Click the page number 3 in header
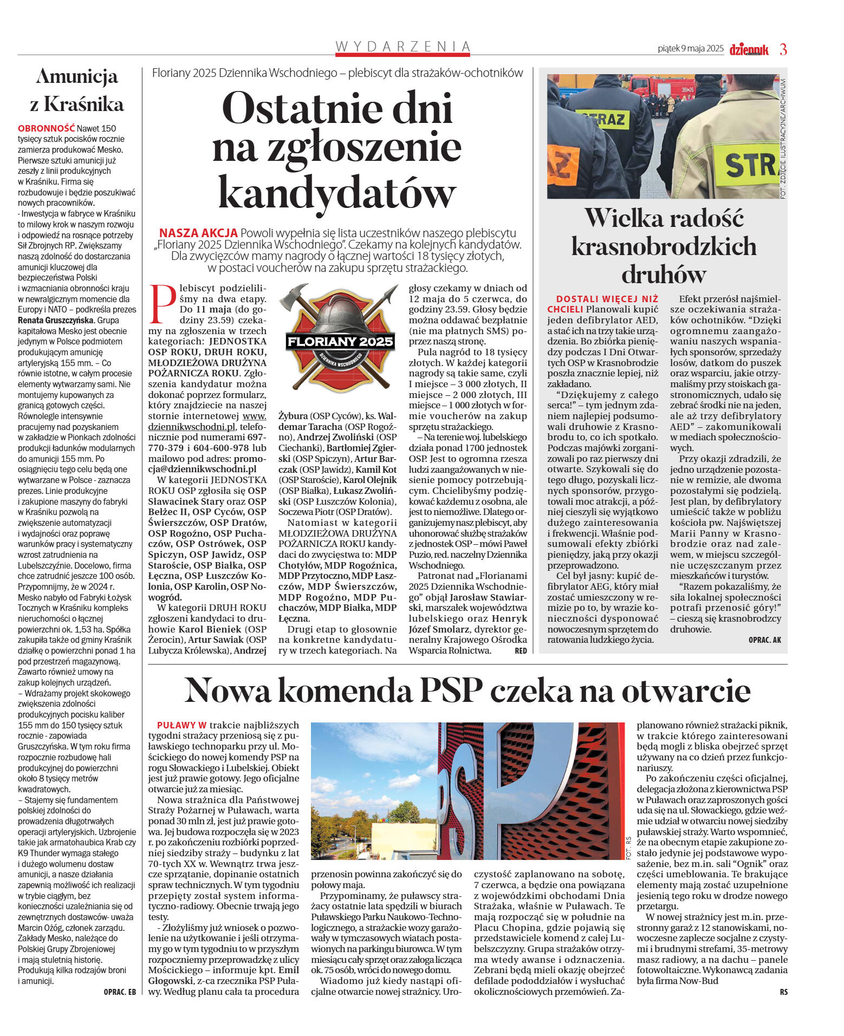(783, 49)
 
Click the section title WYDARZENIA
(402, 47)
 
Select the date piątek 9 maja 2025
(690, 49)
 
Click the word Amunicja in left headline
(77, 77)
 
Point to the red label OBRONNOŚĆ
(46, 128)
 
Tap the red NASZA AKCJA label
(198, 233)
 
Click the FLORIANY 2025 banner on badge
(340, 342)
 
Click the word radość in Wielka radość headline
(704, 218)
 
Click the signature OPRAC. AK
(764, 640)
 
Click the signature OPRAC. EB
(119, 992)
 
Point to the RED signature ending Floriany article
(520, 651)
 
